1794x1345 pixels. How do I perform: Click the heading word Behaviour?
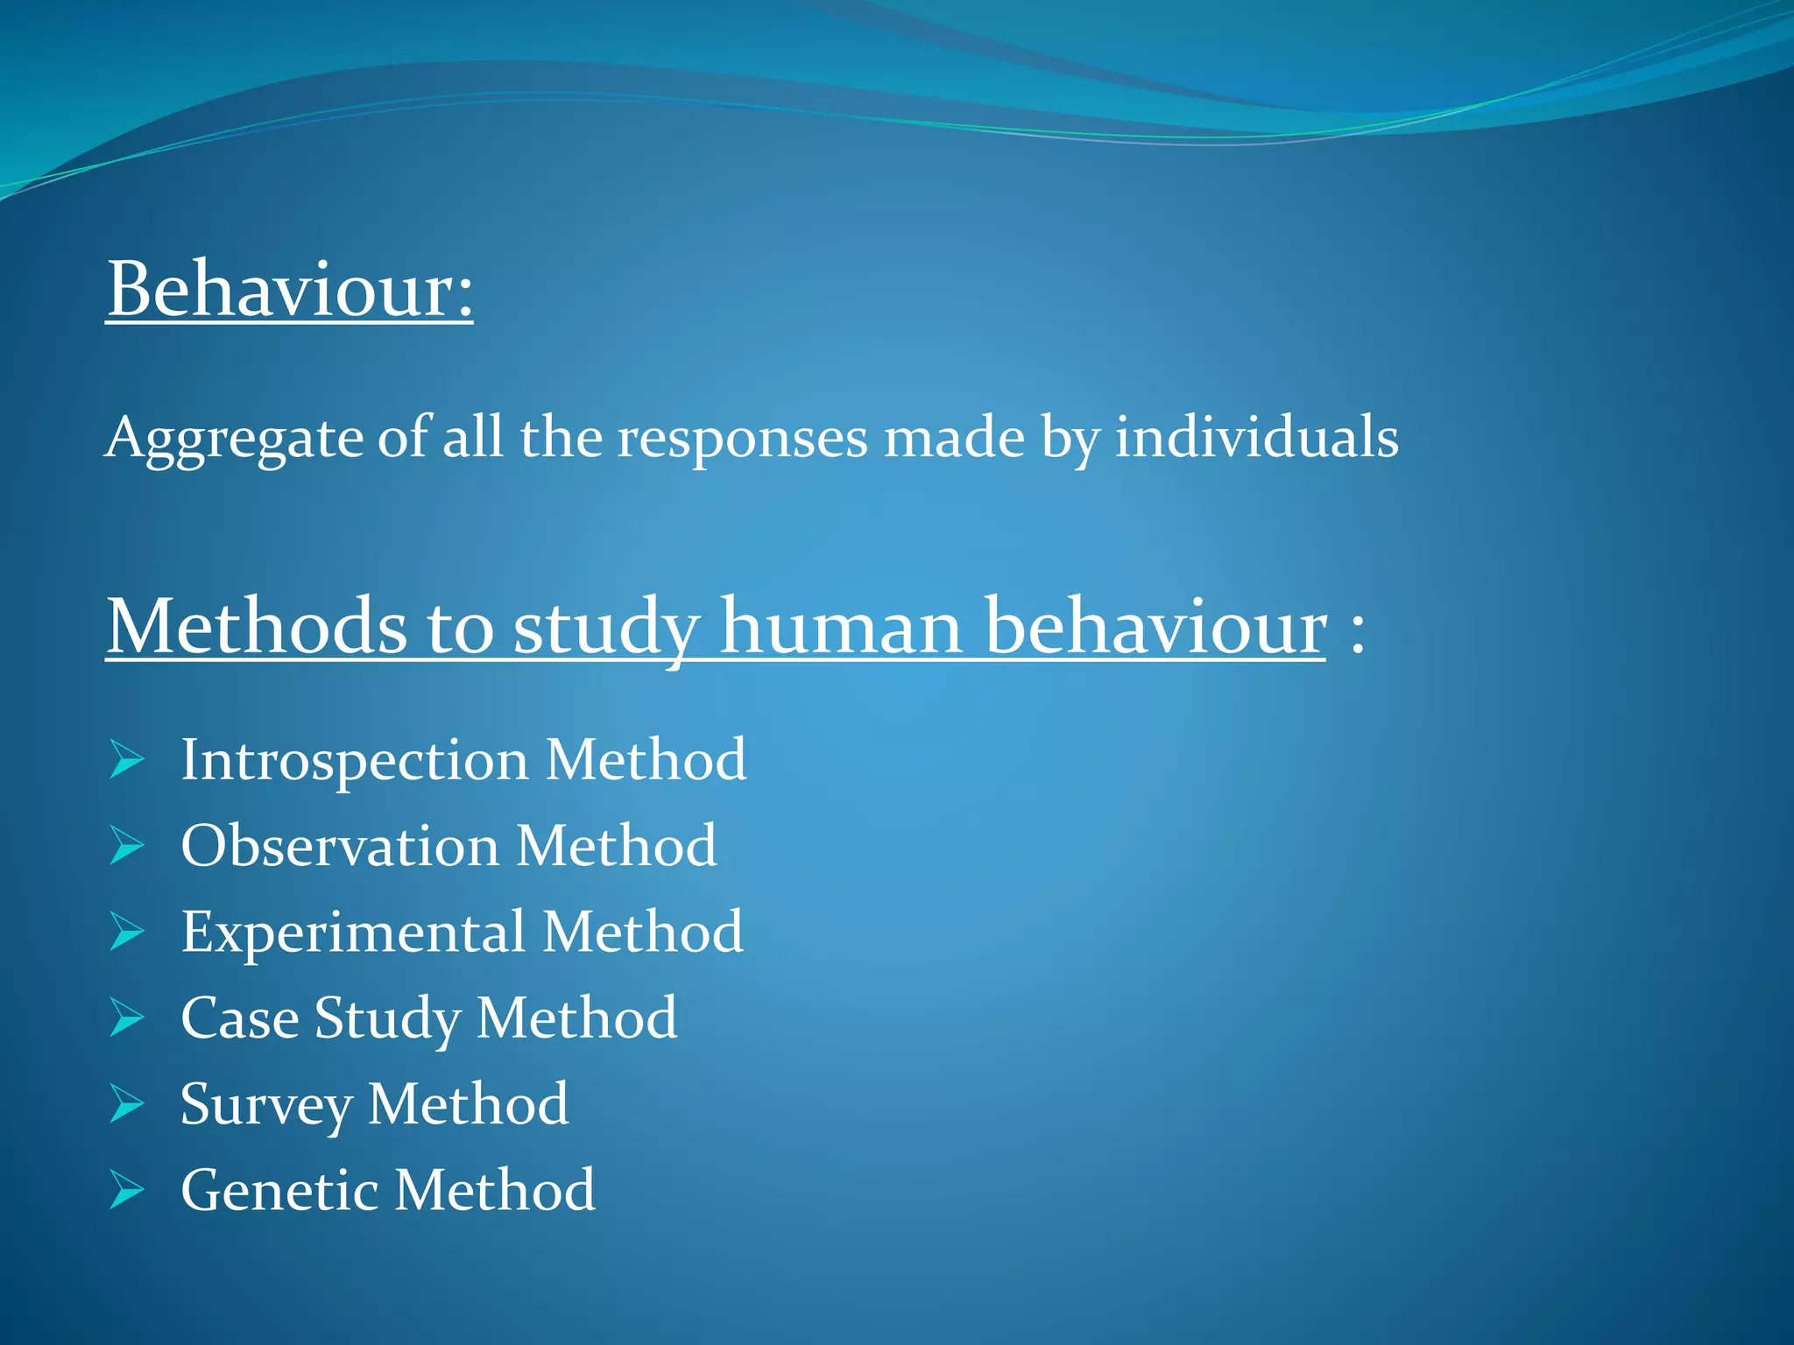[289, 290]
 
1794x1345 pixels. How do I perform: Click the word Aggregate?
[233, 438]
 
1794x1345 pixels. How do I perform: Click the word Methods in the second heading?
[257, 626]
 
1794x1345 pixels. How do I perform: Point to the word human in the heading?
[842, 626]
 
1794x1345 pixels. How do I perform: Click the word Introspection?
[354, 760]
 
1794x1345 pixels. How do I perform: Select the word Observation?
[340, 846]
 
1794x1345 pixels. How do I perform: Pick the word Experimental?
[353, 933]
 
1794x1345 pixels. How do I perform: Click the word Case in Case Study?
[239, 1018]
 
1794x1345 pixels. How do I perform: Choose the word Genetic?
[279, 1191]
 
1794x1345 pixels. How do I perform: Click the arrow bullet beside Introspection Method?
[127, 759]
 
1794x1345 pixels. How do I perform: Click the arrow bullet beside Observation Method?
[127, 846]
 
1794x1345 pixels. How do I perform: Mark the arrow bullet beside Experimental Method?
[127, 932]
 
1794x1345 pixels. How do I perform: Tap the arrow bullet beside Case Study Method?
[127, 1018]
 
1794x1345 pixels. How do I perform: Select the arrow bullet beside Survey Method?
[127, 1103]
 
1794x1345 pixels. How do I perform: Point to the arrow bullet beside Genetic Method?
[127, 1190]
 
